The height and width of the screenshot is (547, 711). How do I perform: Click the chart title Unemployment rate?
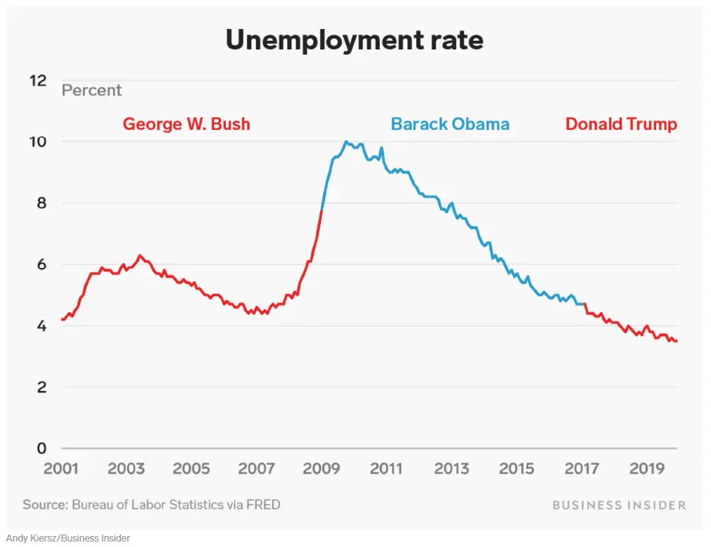pyautogui.click(x=355, y=39)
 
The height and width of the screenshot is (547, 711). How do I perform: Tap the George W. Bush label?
pyautogui.click(x=186, y=124)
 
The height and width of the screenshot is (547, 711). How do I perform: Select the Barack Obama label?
pyautogui.click(x=450, y=124)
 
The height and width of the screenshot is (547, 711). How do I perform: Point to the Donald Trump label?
pyautogui.click(x=621, y=124)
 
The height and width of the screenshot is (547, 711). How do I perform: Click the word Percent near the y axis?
pyautogui.click(x=92, y=90)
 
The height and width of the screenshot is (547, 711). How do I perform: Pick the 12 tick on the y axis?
pyautogui.click(x=38, y=81)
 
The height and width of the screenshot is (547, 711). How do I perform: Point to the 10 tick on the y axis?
pyautogui.click(x=38, y=142)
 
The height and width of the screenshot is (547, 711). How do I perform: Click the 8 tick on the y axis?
pyautogui.click(x=42, y=203)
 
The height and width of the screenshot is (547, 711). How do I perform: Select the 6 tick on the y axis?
pyautogui.click(x=42, y=264)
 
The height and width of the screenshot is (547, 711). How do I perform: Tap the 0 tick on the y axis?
pyautogui.click(x=42, y=448)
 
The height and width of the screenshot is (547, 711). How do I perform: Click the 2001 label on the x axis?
pyautogui.click(x=60, y=469)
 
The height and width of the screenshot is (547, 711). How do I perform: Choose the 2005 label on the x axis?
pyautogui.click(x=191, y=469)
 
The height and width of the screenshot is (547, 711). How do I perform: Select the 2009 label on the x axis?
pyautogui.click(x=321, y=469)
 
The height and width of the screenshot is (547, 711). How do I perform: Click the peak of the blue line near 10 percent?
pyautogui.click(x=345, y=142)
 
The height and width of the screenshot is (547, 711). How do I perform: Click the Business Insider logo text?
pyautogui.click(x=618, y=505)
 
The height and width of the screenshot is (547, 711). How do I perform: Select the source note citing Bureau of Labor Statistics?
pyautogui.click(x=151, y=505)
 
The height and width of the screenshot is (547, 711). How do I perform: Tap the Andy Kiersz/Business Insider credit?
pyautogui.click(x=67, y=538)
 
